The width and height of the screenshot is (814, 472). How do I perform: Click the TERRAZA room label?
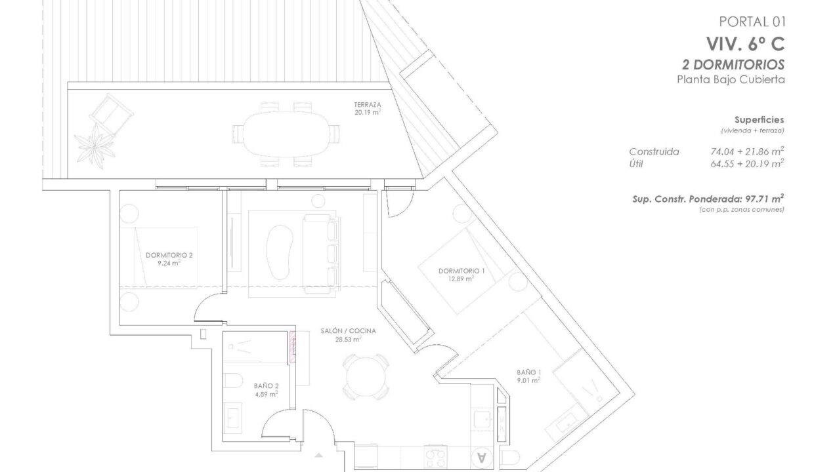[x=368, y=105]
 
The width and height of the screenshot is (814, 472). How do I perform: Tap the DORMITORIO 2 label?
[x=169, y=255]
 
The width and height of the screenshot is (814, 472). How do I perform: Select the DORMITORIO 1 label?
[x=461, y=271]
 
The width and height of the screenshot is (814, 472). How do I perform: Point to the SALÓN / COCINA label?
[x=348, y=331]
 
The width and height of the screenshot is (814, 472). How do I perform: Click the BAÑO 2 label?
[x=266, y=386]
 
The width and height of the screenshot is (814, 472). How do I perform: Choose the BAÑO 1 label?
[x=528, y=372]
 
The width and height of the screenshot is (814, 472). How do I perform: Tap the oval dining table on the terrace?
[x=286, y=134]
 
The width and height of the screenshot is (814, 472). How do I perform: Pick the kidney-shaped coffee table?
[x=280, y=252]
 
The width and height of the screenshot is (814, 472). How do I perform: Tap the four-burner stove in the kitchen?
[x=435, y=456]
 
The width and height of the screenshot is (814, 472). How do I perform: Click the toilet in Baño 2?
[x=232, y=380]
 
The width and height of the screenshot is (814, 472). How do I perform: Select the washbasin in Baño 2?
[x=232, y=418]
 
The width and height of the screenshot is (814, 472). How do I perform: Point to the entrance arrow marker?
[x=318, y=455]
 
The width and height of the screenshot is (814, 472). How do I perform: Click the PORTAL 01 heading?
[x=752, y=22]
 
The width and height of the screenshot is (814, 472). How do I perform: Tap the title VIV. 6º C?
[x=745, y=45]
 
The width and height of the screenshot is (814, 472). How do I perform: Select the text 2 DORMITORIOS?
[x=733, y=65]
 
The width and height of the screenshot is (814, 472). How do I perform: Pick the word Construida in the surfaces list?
[x=654, y=151]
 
